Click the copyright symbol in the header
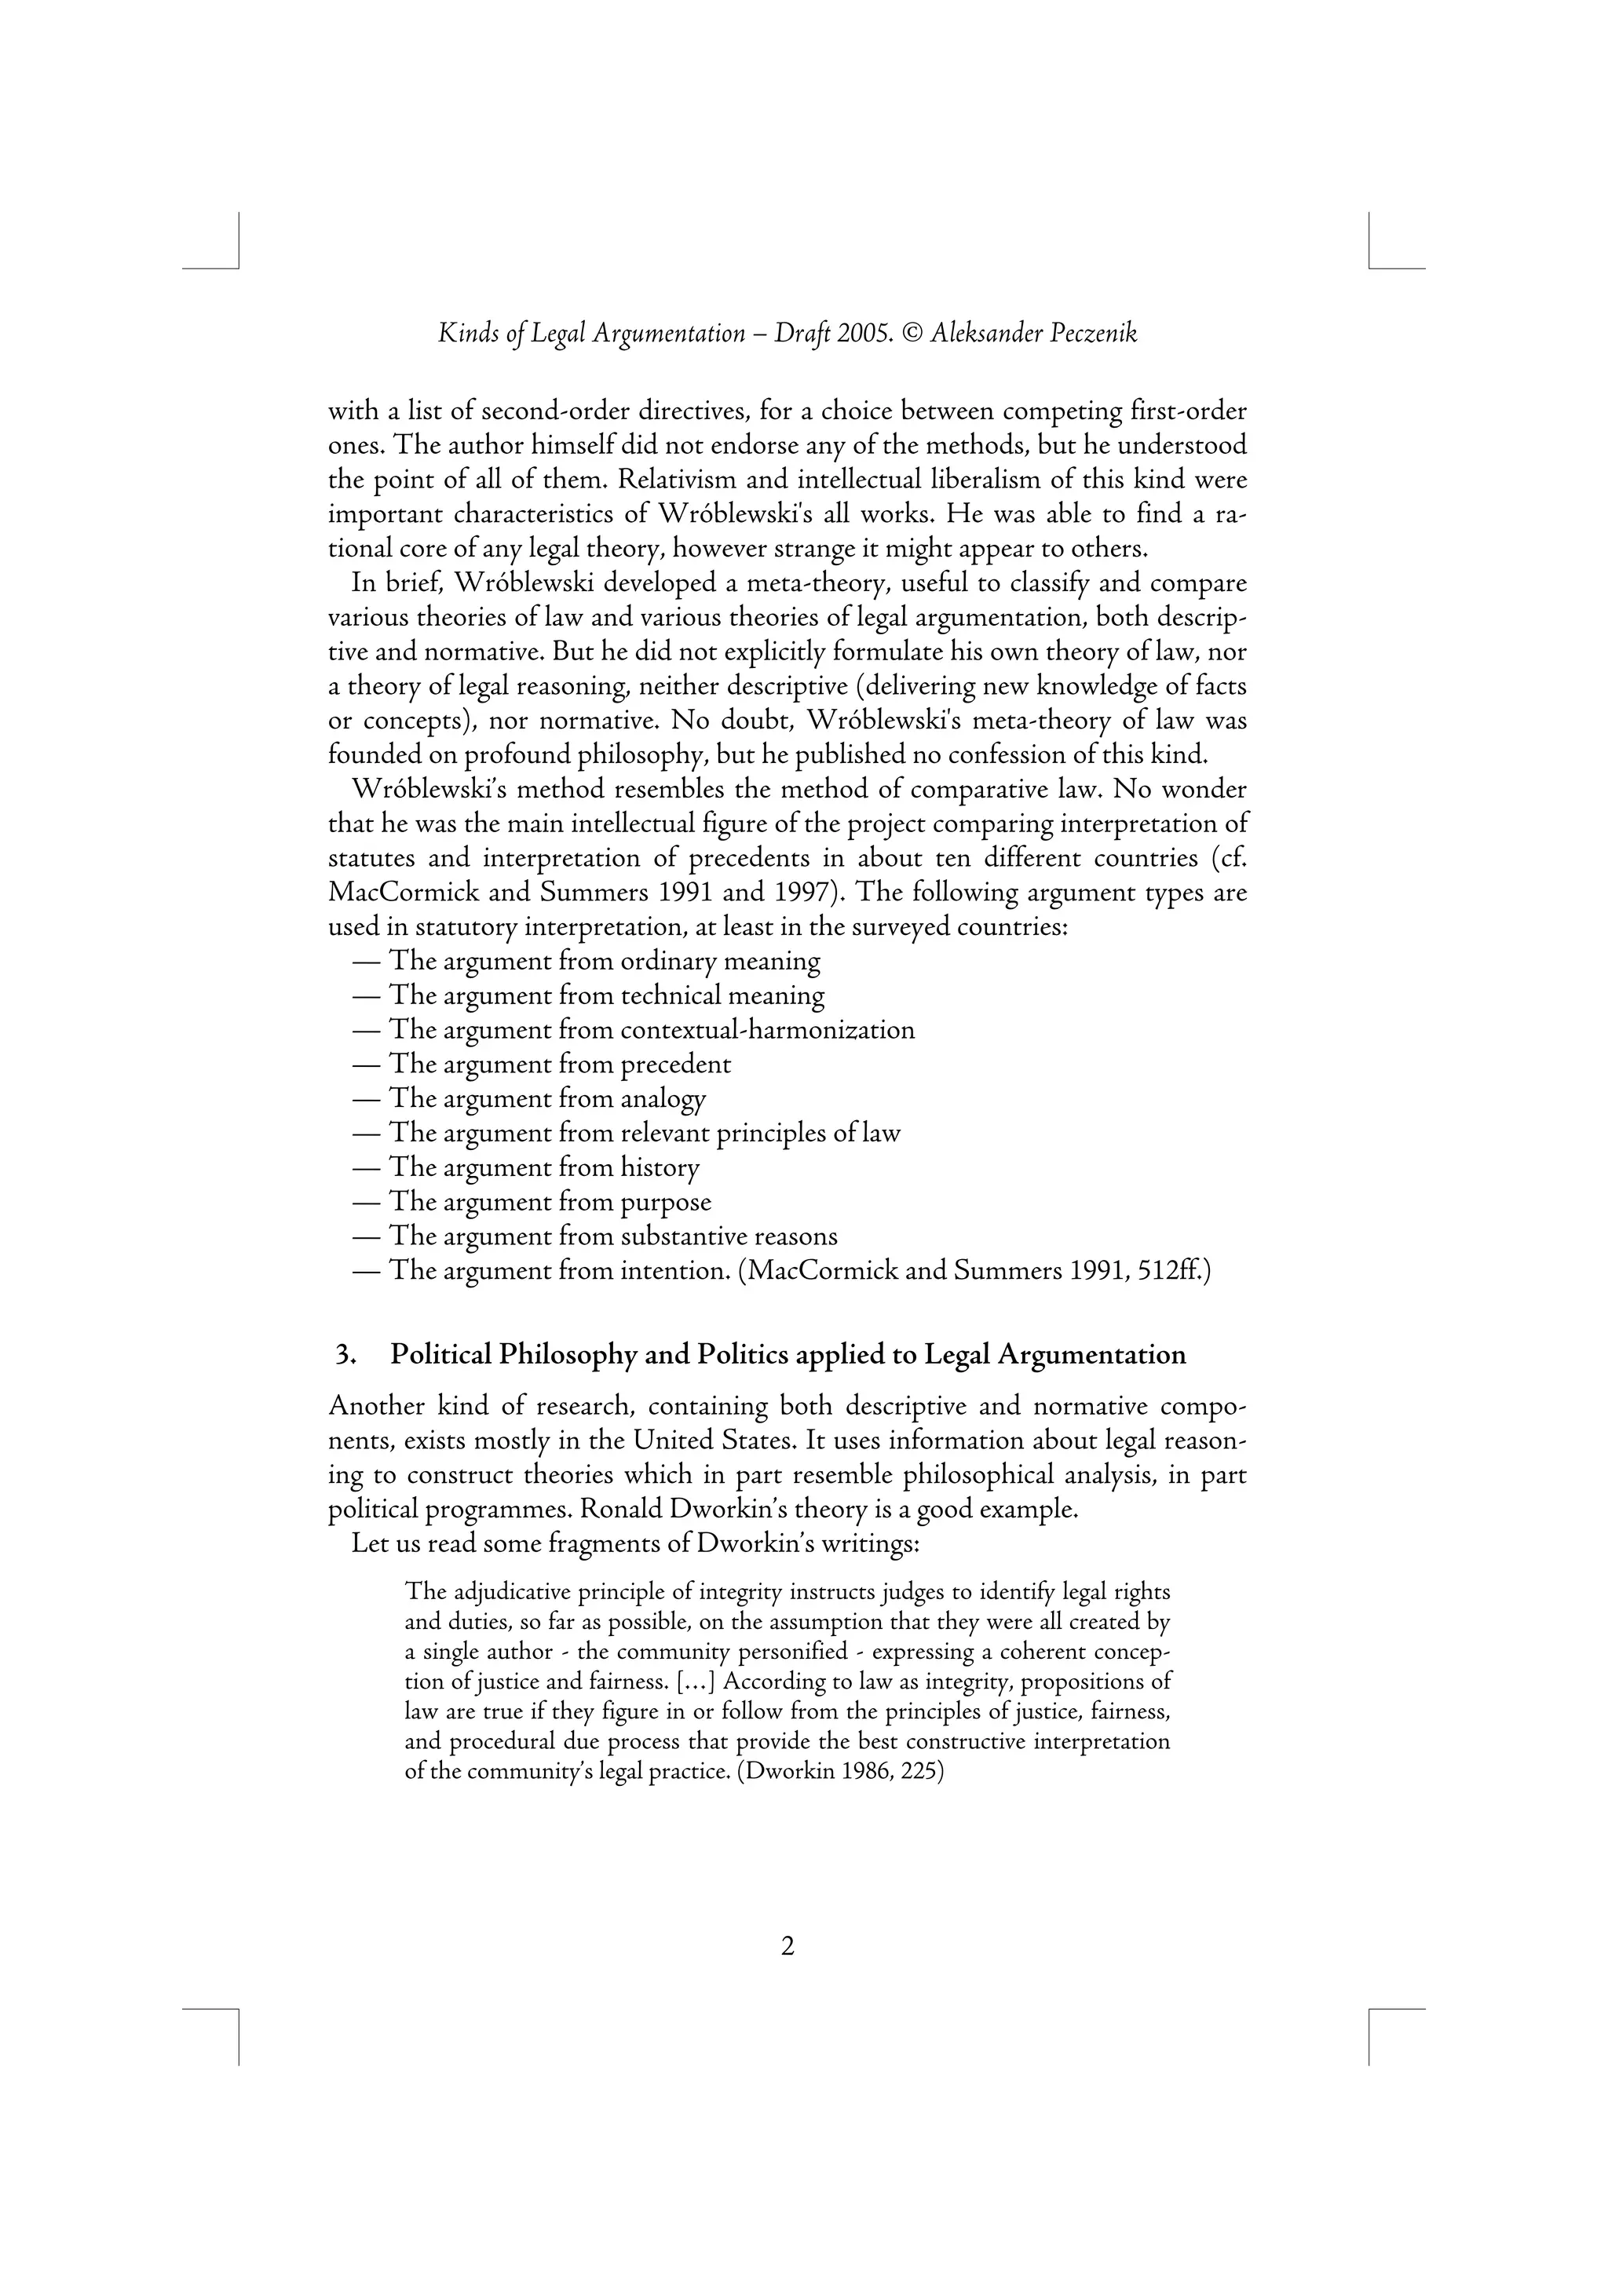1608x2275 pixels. pos(913,334)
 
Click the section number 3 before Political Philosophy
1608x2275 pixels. pos(344,1354)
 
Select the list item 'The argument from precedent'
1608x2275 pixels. pos(560,1064)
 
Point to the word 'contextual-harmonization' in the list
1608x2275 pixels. pos(767,1031)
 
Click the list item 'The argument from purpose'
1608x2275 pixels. pos(550,1202)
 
